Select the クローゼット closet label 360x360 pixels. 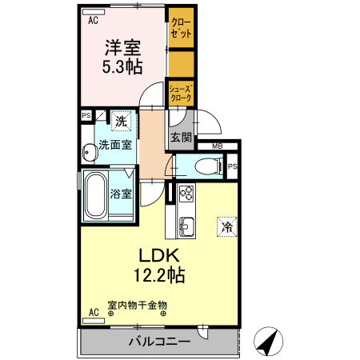(x=181, y=29)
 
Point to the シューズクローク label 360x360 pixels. (x=181, y=93)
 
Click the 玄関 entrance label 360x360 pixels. (x=181, y=138)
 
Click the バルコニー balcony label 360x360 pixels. (x=159, y=342)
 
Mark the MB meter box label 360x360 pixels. (x=216, y=146)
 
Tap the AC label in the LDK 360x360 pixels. (x=93, y=311)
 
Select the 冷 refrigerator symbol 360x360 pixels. (x=227, y=227)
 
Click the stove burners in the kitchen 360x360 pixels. (x=186, y=194)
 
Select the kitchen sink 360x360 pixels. (x=186, y=226)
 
